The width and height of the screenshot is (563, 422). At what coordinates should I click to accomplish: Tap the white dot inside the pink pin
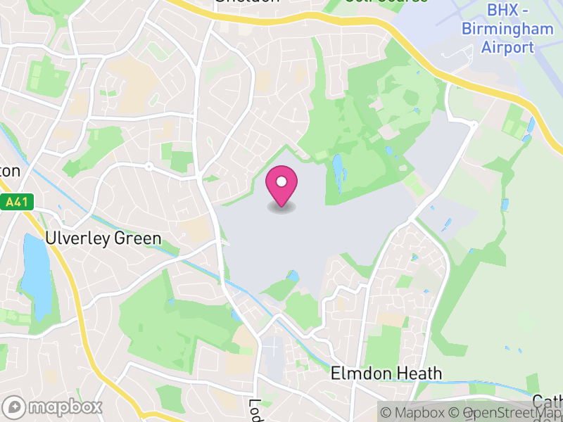281,182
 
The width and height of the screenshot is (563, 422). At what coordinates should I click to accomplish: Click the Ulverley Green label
103,238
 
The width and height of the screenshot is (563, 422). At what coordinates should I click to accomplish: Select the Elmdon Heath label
386,373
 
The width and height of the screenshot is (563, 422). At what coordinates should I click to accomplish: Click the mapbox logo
53,407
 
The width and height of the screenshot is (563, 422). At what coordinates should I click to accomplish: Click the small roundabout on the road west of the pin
149,167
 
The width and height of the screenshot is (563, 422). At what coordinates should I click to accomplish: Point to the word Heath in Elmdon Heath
419,373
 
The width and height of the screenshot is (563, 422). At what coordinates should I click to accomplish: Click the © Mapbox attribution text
415,413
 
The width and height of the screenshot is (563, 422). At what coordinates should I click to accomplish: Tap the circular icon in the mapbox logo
14,407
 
